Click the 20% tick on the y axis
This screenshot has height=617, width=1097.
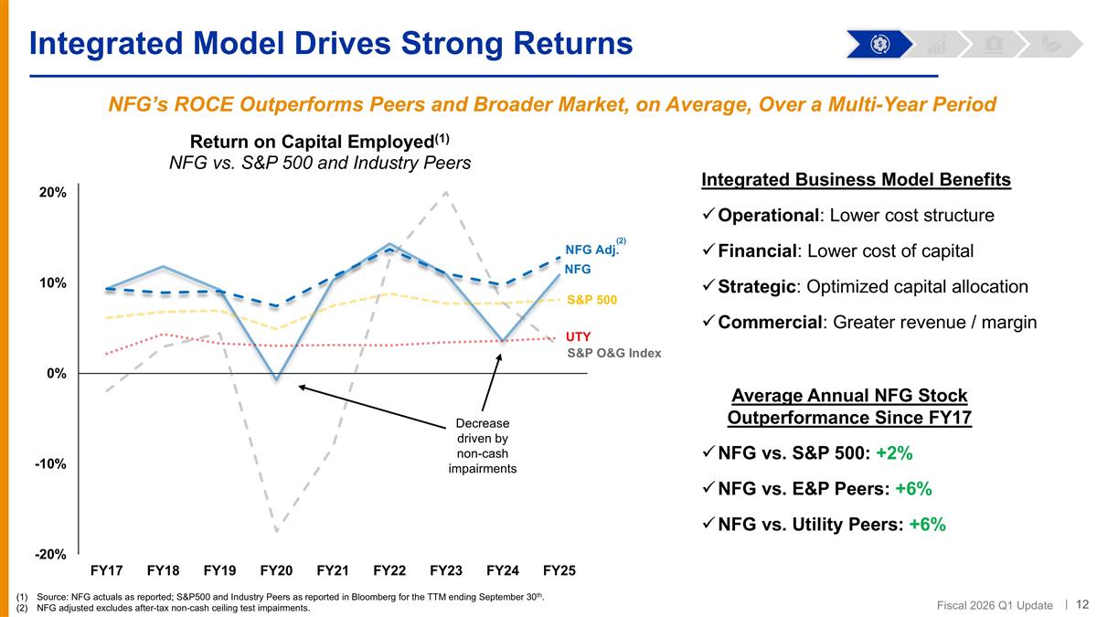52,193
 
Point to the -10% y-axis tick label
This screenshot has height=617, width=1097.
50,463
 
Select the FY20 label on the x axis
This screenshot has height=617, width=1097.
276,570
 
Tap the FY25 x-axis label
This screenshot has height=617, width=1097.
559,570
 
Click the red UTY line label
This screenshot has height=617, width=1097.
580,336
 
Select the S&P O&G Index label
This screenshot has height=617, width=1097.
613,353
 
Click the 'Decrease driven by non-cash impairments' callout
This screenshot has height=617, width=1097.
483,446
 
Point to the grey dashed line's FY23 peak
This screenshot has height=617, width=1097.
445,192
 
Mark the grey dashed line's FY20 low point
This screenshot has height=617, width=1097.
276,530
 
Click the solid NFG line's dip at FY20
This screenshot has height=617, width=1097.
276,378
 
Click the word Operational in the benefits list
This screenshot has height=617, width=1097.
770,216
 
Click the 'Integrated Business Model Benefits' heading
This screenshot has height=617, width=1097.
856,179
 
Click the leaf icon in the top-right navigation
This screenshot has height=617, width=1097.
1050,43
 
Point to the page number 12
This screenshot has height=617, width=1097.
1081,603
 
